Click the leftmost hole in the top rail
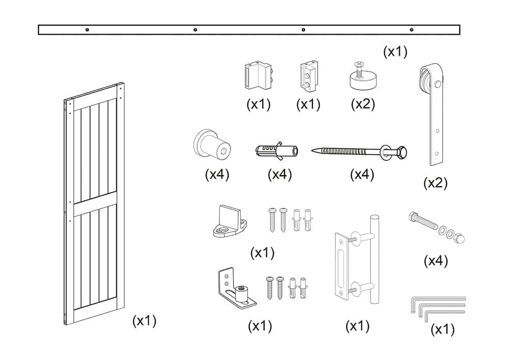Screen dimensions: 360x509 point(87,30)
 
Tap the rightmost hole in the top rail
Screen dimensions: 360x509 point(411,30)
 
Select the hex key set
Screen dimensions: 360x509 point(437,306)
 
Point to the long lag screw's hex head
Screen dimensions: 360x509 point(401,152)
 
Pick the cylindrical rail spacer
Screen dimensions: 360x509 point(212,144)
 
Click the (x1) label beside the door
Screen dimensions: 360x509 point(144,321)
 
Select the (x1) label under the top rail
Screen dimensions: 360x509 point(395,51)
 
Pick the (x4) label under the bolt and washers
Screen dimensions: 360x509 point(436,261)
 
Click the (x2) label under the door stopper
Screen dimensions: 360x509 point(363,104)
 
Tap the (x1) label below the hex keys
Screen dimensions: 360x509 point(442,329)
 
